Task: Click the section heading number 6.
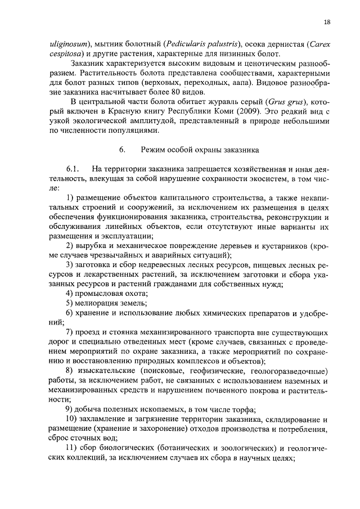pyautogui.click(x=121, y=150)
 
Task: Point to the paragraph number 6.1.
pyautogui.click(x=74, y=169)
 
